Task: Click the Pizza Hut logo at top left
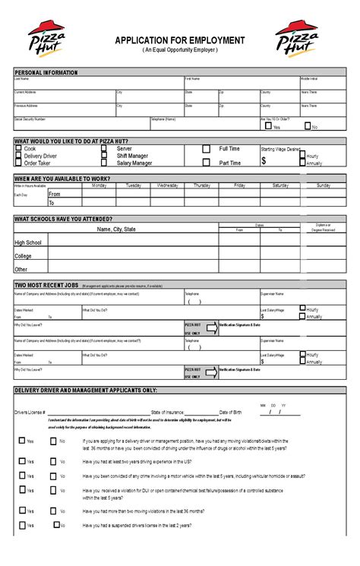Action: (48, 40)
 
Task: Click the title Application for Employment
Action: (180, 40)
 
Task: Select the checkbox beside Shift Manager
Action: (104, 156)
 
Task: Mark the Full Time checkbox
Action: (206, 150)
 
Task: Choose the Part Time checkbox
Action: (206, 163)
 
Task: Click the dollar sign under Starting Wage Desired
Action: (264, 161)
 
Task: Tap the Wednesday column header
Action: (168, 185)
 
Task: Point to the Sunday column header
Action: (324, 185)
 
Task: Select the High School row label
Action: (28, 243)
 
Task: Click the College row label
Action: (24, 256)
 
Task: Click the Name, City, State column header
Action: (116, 229)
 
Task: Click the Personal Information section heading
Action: (46, 72)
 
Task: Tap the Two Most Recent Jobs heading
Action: (46, 285)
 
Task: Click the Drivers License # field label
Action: (30, 412)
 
